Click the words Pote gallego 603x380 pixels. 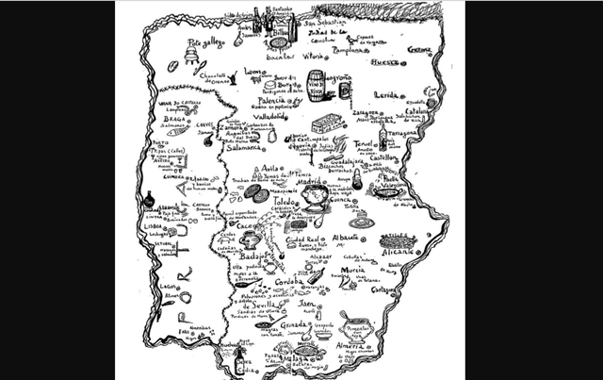tap(208, 43)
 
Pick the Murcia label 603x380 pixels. tap(352, 270)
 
